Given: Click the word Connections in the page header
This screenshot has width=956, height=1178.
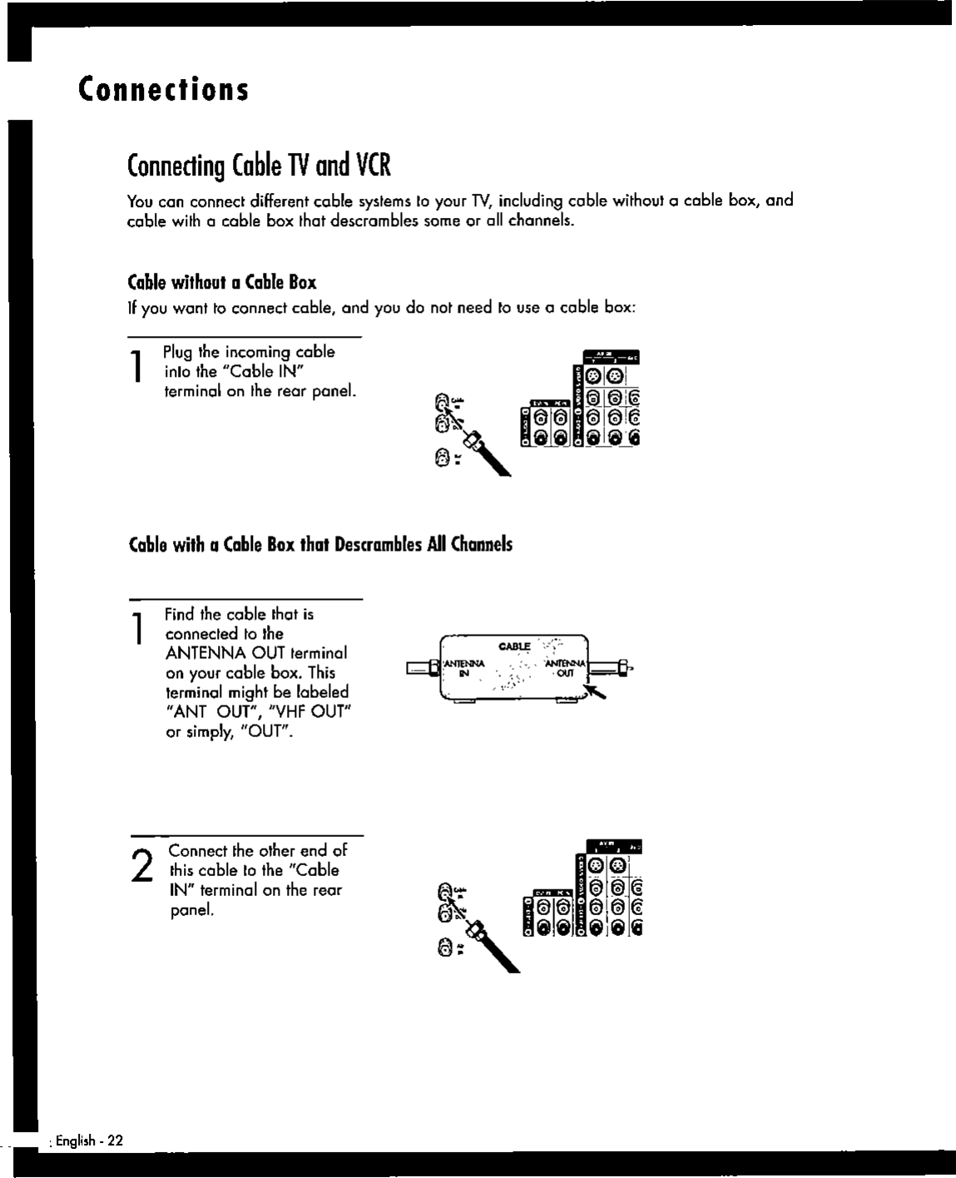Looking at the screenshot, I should (164, 89).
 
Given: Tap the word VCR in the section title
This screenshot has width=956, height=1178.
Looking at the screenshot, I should (374, 166).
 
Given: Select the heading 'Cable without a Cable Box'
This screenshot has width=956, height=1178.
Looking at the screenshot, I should (221, 282).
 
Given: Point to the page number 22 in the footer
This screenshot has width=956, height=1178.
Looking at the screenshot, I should (115, 1141).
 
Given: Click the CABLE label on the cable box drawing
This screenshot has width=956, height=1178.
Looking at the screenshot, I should (514, 646).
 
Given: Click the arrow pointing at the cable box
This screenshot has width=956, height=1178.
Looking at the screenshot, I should (594, 690).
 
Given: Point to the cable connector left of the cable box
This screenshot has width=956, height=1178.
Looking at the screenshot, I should (421, 667).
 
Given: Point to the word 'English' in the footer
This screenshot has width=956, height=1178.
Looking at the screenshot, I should (75, 1141).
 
